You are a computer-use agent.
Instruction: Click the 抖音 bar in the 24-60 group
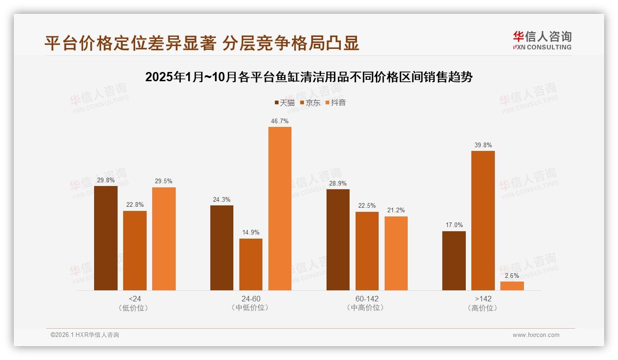(x=279, y=209)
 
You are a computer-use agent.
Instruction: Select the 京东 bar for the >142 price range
(x=483, y=221)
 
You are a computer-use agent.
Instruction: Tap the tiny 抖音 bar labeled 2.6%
(x=512, y=286)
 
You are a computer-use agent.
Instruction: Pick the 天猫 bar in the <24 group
(x=106, y=238)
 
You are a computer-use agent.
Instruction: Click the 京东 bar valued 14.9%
(x=250, y=264)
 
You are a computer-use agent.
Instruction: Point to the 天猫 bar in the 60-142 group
(x=338, y=240)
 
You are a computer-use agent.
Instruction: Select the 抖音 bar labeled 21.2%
(x=396, y=253)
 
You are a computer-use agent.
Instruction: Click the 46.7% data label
(x=280, y=121)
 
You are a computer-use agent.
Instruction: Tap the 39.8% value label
(x=483, y=145)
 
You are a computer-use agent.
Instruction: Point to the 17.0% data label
(x=454, y=225)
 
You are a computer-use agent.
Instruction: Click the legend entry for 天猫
(x=285, y=102)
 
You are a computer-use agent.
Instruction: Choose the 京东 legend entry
(x=310, y=102)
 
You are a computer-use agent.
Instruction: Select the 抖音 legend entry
(x=335, y=102)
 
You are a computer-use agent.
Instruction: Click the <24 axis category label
(x=135, y=299)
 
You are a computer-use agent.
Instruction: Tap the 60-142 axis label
(x=367, y=299)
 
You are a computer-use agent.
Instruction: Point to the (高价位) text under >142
(x=483, y=308)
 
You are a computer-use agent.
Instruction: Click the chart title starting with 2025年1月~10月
(x=309, y=77)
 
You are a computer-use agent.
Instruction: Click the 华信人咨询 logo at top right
(x=542, y=40)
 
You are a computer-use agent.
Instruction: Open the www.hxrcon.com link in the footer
(x=535, y=335)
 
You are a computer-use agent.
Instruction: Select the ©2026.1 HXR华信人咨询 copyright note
(x=84, y=335)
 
